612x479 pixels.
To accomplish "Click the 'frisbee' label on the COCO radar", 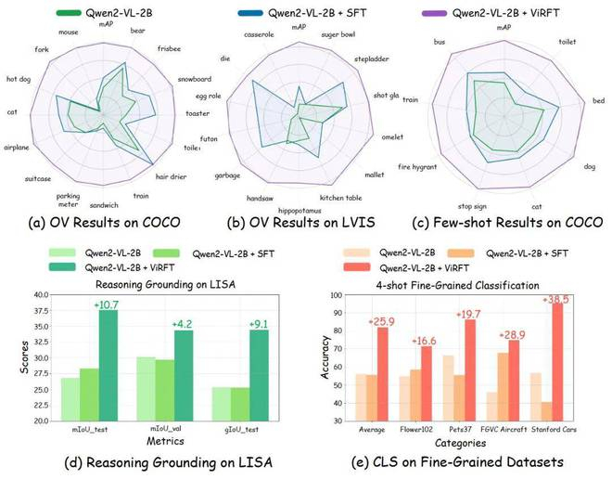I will click(x=169, y=47).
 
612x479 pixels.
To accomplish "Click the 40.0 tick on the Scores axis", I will click(x=41, y=294).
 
